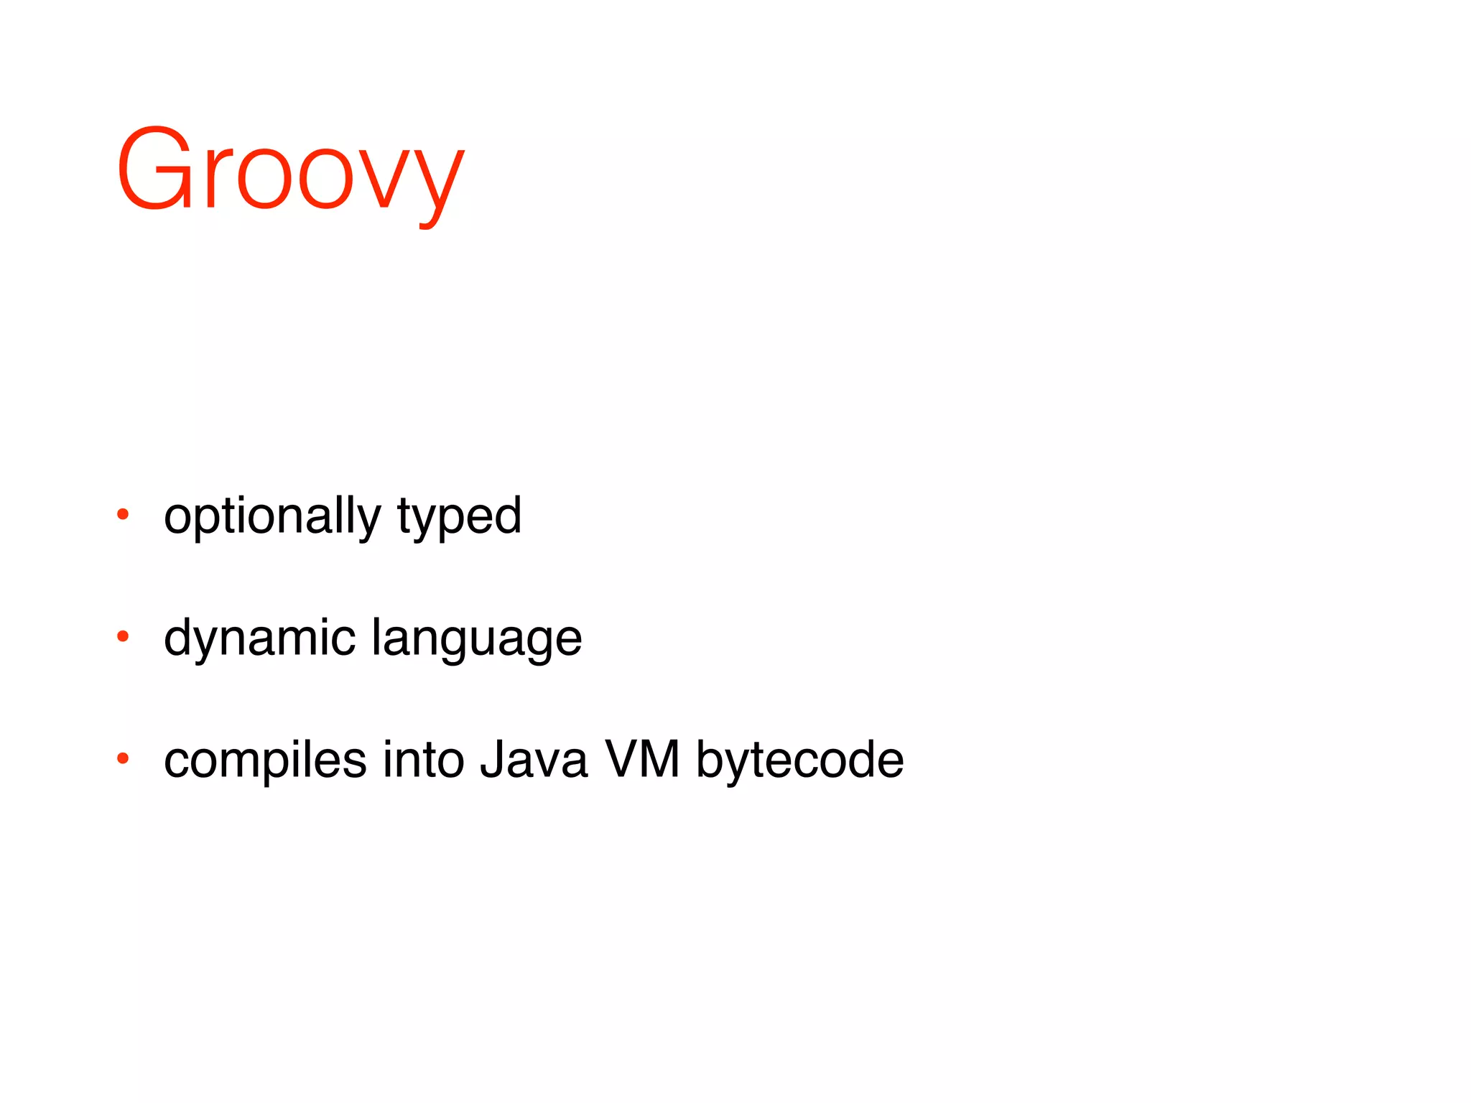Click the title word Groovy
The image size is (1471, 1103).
pyautogui.click(x=290, y=172)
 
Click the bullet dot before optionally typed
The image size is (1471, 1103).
pyautogui.click(x=123, y=514)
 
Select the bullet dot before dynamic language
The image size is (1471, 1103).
pyautogui.click(x=123, y=636)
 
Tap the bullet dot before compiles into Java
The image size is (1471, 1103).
pyautogui.click(x=123, y=758)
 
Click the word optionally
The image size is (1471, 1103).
pyautogui.click(x=272, y=517)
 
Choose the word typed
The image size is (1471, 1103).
pyautogui.click(x=459, y=517)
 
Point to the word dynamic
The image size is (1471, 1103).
pyautogui.click(x=259, y=639)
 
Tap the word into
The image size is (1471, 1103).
pyautogui.click(x=423, y=760)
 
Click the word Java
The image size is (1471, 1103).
pyautogui.click(x=534, y=760)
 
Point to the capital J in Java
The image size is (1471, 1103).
pyautogui.click(x=491, y=760)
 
